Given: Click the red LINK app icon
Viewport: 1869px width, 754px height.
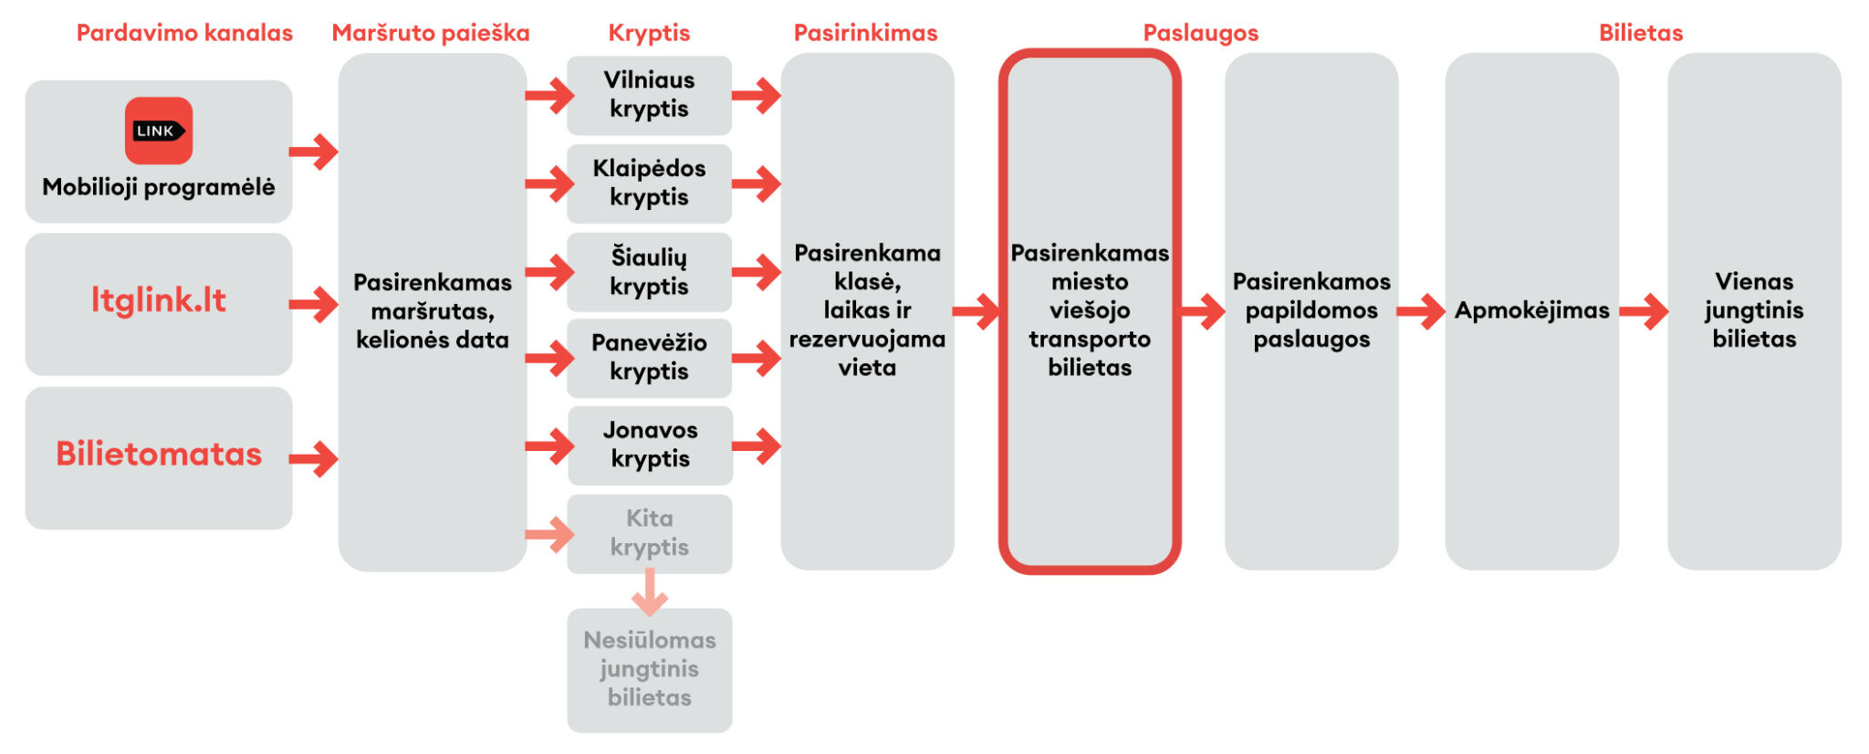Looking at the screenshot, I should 158,131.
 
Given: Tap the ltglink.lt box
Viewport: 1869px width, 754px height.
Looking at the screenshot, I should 158,303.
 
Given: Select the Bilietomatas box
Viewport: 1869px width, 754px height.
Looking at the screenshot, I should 158,457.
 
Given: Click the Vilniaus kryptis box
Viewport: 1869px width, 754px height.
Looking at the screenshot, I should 649,95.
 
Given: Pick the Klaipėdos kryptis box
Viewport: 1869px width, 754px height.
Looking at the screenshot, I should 649,183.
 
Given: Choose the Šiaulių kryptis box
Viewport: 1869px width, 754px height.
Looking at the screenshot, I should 649,272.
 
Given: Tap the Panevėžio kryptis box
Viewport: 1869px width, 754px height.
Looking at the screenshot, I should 649,358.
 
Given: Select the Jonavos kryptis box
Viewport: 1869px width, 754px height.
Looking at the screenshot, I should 650,445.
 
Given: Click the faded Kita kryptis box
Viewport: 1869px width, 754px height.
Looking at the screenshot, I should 649,533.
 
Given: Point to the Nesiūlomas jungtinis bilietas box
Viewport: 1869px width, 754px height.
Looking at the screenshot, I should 649,669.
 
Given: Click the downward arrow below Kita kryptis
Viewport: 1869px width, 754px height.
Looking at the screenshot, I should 649,592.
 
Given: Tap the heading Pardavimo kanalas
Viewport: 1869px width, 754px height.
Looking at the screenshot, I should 184,33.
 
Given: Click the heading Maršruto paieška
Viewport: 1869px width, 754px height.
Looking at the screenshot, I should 431,33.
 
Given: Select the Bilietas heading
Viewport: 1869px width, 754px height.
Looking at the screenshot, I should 1640,33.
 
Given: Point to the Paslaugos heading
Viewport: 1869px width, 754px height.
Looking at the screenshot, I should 1200,33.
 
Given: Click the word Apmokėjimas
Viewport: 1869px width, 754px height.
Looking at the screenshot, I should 1531,310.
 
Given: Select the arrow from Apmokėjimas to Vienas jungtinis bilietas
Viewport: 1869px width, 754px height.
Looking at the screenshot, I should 1644,311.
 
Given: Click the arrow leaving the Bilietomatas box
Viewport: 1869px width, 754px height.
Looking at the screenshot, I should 314,458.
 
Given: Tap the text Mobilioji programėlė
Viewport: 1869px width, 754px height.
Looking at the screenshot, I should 158,187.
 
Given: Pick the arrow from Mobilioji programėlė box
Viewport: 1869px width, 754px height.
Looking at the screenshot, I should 314,152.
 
